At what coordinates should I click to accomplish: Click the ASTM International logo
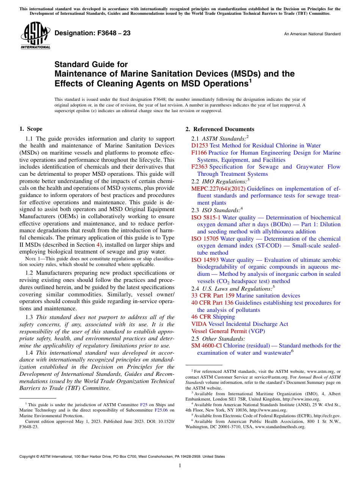[35, 36]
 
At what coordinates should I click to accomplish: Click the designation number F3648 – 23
[92, 33]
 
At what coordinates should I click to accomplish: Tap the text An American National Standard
[312, 34]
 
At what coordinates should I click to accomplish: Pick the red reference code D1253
[200, 146]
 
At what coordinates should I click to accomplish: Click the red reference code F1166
[199, 153]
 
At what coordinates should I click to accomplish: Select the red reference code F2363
[199, 167]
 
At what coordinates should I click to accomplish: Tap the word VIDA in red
[199, 324]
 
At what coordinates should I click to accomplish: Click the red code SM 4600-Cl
[207, 346]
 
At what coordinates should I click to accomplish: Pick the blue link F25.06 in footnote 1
[161, 410]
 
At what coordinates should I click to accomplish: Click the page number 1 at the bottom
[180, 466]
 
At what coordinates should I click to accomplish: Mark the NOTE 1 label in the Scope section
[31, 259]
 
